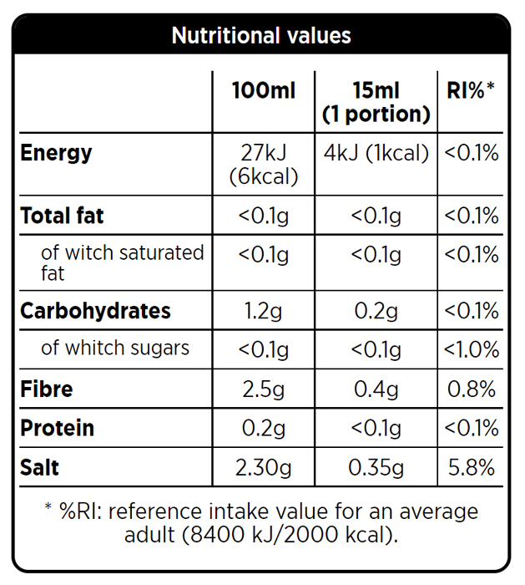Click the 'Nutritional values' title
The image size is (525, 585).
pos(261,36)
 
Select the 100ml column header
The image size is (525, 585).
pos(264,90)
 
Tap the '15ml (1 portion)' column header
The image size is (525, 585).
pos(376,102)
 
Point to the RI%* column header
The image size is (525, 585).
pos(471,90)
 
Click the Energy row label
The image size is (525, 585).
pos(56,153)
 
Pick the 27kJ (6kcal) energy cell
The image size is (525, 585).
pos(264,165)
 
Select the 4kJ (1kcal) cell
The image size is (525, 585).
pos(376,153)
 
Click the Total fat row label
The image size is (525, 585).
pos(62,216)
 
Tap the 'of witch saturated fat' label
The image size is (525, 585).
pos(122,262)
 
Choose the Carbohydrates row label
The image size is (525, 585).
pos(95,311)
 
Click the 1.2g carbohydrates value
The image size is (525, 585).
pos(264,311)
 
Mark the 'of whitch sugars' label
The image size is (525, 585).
pos(115,348)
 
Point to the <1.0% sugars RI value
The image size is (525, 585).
pos(471,348)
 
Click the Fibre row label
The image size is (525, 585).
pos(47,389)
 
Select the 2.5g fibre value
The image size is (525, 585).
pos(264,389)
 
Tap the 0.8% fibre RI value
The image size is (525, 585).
pos(471,389)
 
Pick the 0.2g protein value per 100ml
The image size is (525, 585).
pos(264,428)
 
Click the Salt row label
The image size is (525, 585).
pos(40,467)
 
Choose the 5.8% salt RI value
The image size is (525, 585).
pos(471,467)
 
